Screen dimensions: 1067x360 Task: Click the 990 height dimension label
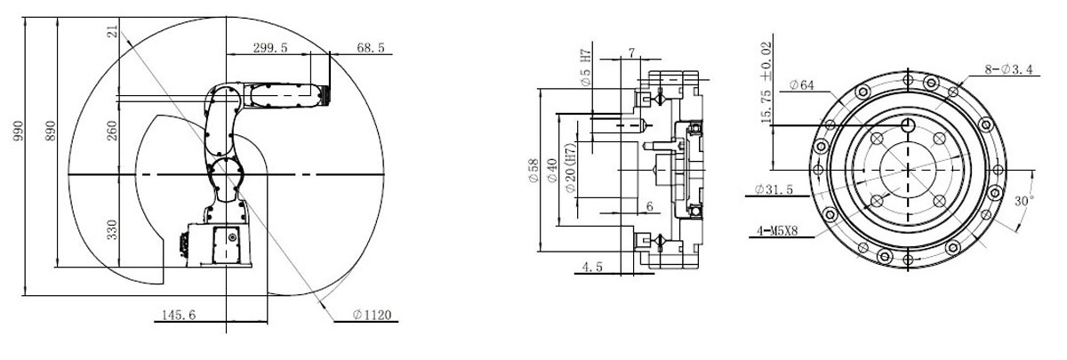coord(18,131)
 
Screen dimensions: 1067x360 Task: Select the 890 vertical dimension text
coord(50,131)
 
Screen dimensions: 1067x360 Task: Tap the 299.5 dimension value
coord(270,48)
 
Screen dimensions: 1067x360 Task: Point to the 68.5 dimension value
coord(371,48)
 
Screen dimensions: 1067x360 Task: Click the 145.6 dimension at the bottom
coord(179,315)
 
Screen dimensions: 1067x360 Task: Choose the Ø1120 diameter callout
coord(372,315)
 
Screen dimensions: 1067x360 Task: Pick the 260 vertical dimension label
coord(111,131)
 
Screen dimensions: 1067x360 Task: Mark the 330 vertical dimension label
coord(111,229)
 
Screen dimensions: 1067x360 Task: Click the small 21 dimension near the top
coord(112,33)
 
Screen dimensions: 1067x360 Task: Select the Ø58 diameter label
coord(533,170)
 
